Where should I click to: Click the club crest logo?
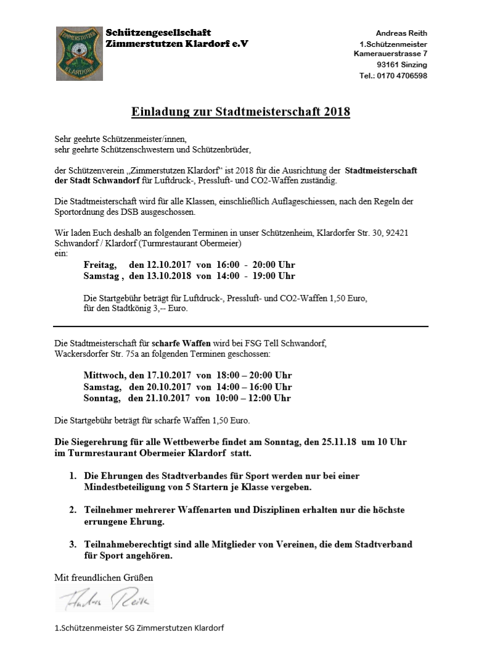[80, 54]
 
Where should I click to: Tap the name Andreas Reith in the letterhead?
[401, 33]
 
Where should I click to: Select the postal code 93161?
[388, 65]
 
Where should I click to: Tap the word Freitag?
[99, 265]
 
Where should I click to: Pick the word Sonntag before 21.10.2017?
[102, 398]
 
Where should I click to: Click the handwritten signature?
[105, 599]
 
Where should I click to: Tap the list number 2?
[72, 511]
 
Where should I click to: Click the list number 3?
[72, 544]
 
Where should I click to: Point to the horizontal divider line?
[240, 326]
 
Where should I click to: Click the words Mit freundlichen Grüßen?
[104, 578]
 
